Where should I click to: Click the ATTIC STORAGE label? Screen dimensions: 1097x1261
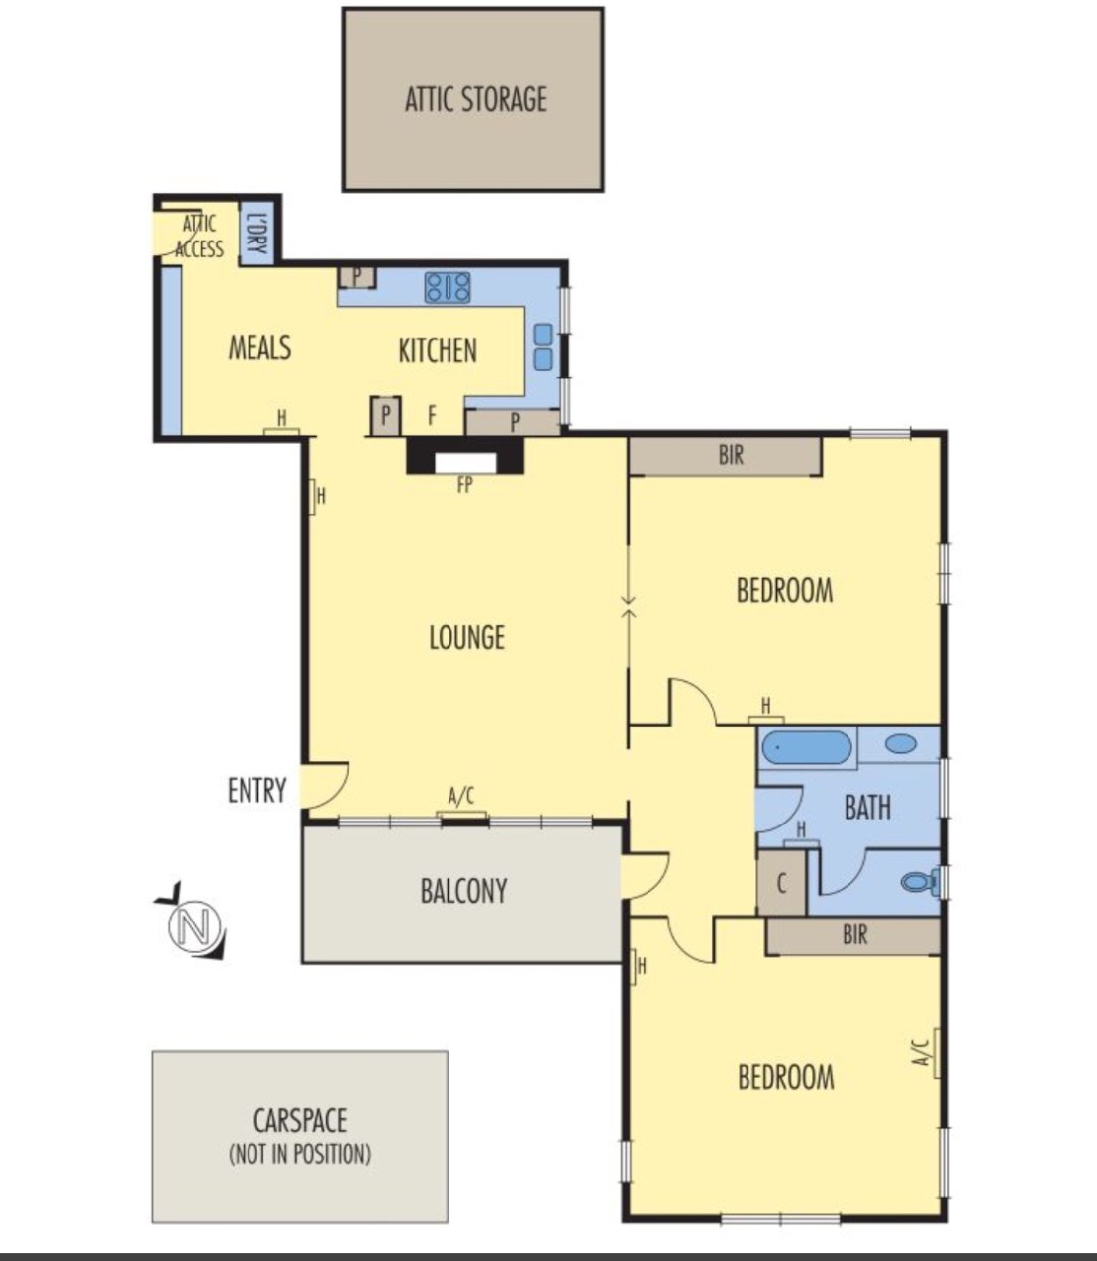point(475,99)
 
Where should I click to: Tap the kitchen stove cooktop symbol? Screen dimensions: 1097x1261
point(447,288)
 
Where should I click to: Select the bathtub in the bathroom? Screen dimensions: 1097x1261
point(807,747)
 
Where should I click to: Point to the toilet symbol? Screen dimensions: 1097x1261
point(920,882)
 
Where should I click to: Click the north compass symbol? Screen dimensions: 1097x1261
point(193,925)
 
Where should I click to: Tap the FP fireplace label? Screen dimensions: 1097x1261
point(465,485)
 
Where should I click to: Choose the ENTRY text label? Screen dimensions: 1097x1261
point(257,790)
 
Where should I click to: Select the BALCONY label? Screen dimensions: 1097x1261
point(463,891)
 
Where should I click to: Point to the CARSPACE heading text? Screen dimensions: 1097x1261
point(300,1120)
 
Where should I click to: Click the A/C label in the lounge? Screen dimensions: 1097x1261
point(461,797)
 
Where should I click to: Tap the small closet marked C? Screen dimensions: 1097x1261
point(781,883)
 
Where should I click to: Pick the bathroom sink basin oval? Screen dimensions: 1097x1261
point(900,744)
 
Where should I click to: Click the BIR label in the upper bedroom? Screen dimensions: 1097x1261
point(731,455)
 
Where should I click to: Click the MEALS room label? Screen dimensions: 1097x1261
point(259,347)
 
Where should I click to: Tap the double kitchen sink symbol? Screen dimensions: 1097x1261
point(543,347)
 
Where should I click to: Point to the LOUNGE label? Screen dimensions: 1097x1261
point(467,637)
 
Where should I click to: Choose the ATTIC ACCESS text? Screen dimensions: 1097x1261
point(199,236)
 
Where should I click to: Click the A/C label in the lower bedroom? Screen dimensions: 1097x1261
point(919,1053)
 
